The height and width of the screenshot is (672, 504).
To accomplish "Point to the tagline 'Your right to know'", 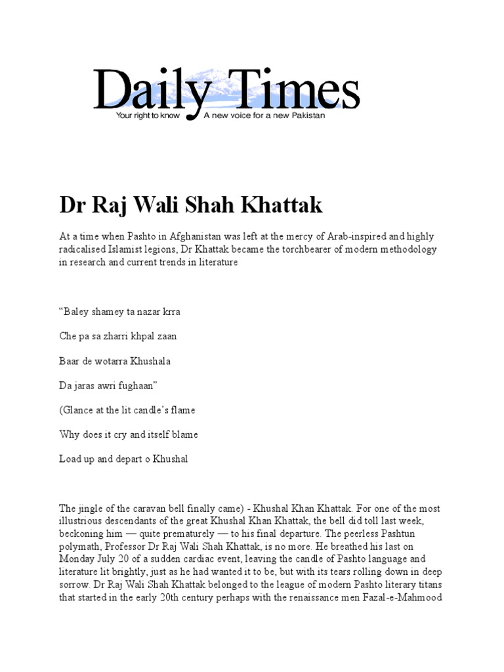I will pos(143,115).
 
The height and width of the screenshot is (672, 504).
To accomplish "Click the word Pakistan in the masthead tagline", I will pos(306,115).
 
